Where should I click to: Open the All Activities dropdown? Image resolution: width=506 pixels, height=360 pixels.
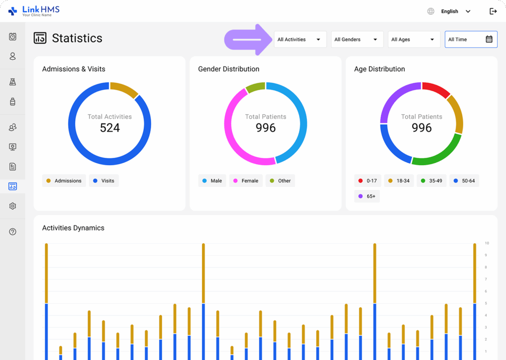point(300,40)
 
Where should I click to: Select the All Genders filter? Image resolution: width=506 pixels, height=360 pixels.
point(357,40)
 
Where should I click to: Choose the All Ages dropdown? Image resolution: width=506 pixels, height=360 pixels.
point(414,40)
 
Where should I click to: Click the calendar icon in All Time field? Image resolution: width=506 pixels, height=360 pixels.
point(489,40)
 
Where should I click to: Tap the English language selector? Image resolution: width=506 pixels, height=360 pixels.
point(449,11)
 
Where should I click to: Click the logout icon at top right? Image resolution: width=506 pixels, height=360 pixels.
point(493,11)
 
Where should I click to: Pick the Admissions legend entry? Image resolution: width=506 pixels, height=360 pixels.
point(64,181)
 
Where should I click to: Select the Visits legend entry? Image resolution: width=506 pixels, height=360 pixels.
point(104,181)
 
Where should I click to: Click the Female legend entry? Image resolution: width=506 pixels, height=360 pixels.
point(246,181)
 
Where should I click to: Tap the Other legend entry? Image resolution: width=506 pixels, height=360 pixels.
point(280,181)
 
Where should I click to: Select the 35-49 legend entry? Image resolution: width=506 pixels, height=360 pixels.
point(431,181)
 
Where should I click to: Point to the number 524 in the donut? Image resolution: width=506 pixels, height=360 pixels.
point(110,128)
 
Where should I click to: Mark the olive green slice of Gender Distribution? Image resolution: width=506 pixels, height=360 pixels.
point(255,88)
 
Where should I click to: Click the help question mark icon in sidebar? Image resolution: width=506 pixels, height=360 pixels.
point(13,231)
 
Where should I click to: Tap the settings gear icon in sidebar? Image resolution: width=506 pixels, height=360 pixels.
point(13,206)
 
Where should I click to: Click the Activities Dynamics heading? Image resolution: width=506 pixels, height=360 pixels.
point(73,228)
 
